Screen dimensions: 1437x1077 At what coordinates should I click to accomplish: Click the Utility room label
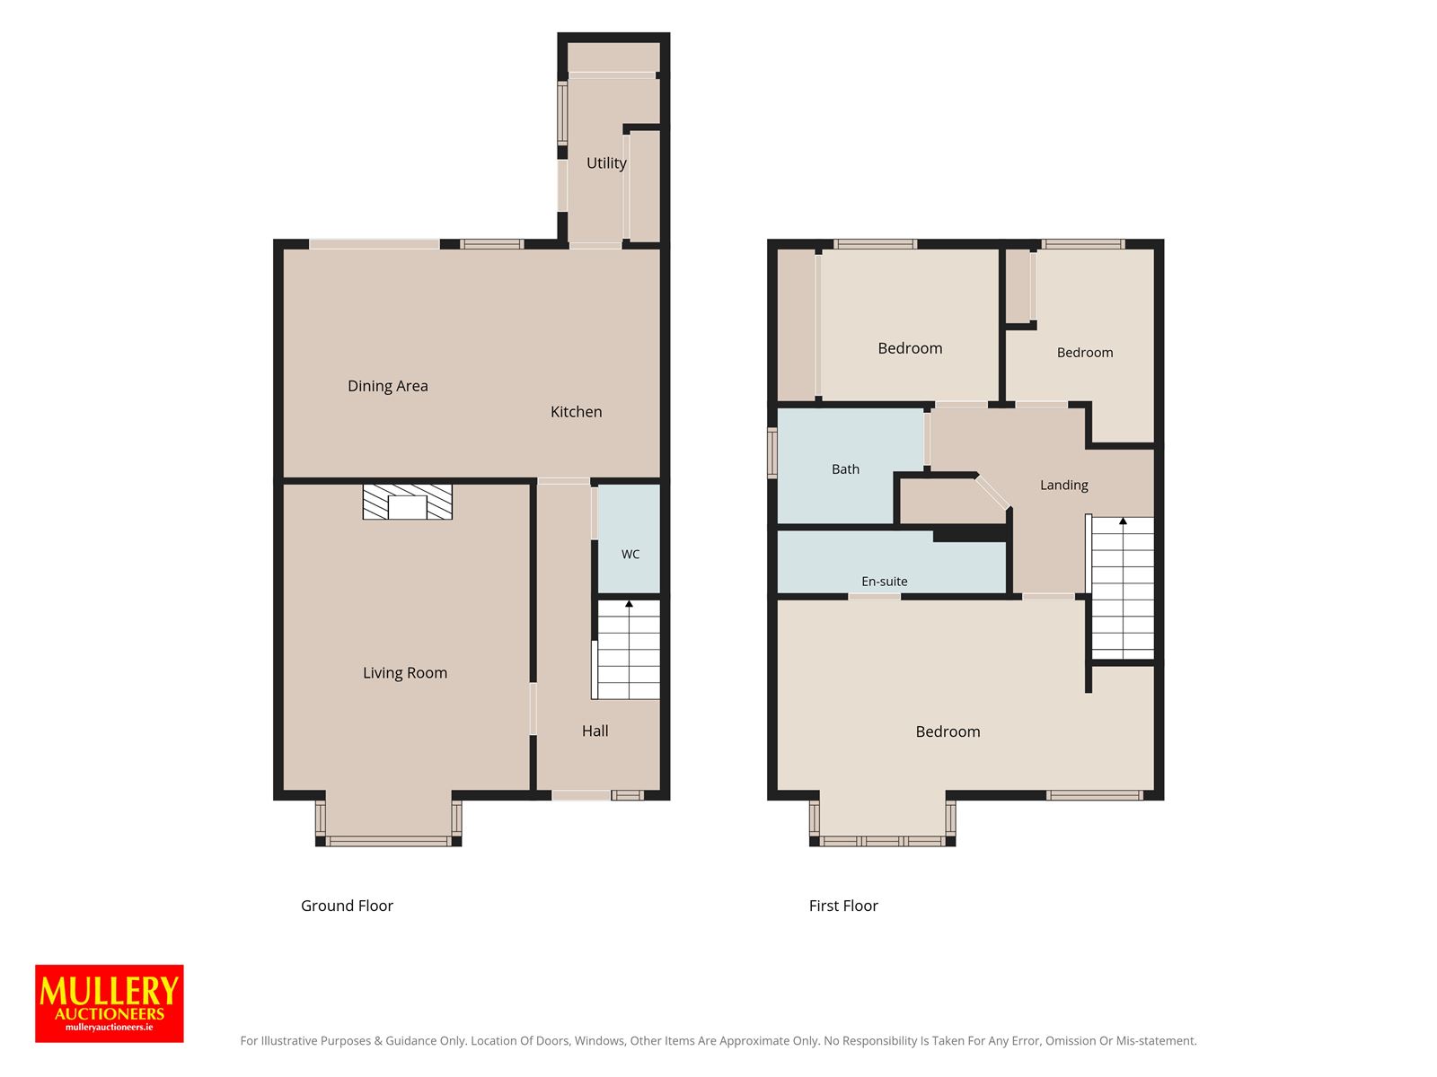click(x=605, y=162)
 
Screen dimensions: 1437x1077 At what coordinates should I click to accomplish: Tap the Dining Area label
click(x=388, y=386)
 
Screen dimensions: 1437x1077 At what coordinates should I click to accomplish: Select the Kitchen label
click(x=576, y=411)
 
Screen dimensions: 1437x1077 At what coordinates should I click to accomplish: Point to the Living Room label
click(x=404, y=673)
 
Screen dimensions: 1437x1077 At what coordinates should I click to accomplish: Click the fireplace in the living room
click(x=407, y=503)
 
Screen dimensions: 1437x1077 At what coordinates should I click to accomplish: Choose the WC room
click(x=630, y=538)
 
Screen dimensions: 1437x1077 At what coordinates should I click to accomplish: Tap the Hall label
click(x=595, y=731)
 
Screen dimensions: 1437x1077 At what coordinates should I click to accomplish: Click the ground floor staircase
click(x=628, y=650)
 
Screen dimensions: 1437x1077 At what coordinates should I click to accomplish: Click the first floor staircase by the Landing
click(x=1122, y=588)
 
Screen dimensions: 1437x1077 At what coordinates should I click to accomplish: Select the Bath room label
click(x=845, y=468)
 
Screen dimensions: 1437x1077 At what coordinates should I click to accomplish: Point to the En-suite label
click(x=884, y=582)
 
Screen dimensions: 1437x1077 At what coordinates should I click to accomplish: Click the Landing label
click(x=1064, y=485)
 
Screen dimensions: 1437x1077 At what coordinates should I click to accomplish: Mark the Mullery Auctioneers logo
click(x=110, y=1003)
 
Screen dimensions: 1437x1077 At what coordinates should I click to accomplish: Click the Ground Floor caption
click(x=347, y=906)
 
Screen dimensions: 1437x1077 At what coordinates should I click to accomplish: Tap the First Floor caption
click(x=843, y=906)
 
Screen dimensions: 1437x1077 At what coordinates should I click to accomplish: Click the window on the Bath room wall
click(x=771, y=452)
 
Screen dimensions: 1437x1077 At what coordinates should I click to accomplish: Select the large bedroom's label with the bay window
click(x=948, y=731)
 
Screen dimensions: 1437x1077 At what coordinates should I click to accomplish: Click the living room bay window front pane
click(x=388, y=841)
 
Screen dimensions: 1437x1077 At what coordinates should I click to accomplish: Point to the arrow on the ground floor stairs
click(x=630, y=603)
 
